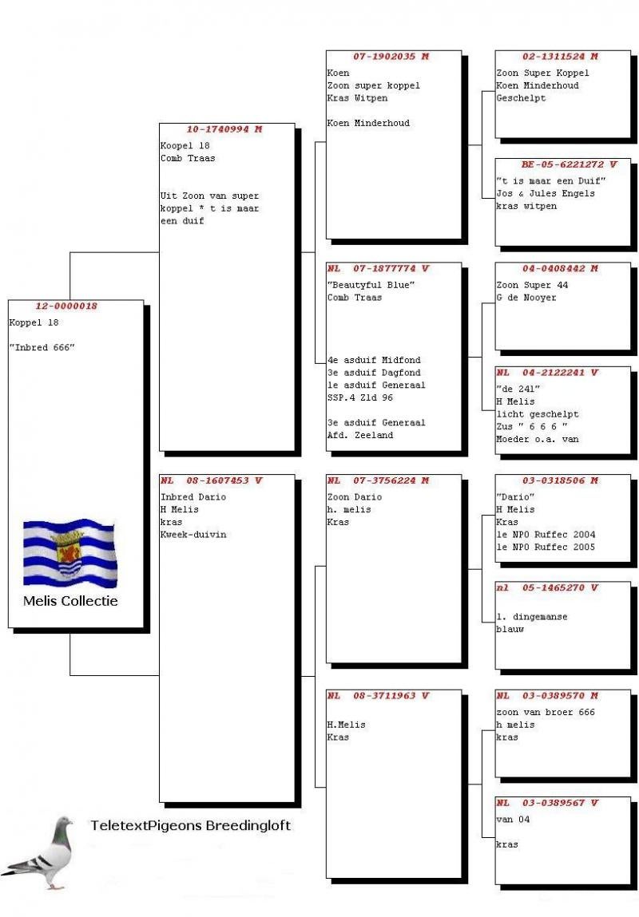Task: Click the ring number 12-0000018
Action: tap(66, 306)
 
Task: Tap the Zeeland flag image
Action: tap(69, 552)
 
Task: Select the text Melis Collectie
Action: tap(70, 601)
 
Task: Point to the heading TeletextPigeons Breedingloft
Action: tap(190, 826)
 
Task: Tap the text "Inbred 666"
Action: tap(42, 348)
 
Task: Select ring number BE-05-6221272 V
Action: tap(564, 164)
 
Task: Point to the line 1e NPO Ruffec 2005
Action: tap(546, 547)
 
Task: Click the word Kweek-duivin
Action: tap(193, 535)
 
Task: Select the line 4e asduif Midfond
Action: tap(374, 360)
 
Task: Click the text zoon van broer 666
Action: tap(546, 713)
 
